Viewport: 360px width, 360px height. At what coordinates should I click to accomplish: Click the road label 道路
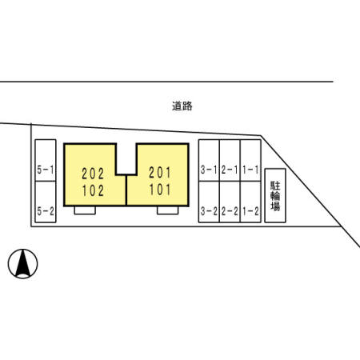[x=182, y=106]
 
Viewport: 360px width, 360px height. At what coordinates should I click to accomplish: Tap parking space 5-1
[x=46, y=160]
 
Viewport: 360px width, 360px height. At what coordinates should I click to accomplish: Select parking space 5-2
[x=46, y=202]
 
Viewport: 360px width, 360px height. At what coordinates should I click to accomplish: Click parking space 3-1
[x=209, y=160]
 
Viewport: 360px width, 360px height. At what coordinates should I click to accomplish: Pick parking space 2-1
[x=230, y=160]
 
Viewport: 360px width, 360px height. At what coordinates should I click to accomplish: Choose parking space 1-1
[x=250, y=160]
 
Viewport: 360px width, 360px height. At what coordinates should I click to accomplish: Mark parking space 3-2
[x=209, y=202]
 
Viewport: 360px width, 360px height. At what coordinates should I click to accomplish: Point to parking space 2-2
[x=230, y=202]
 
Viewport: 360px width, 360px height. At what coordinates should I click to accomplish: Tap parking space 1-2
[x=250, y=202]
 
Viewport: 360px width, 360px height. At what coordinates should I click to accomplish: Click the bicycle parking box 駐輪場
[x=275, y=195]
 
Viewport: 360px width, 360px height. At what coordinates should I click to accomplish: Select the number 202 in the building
[x=93, y=174]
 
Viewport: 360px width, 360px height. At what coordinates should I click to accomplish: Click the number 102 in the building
[x=93, y=191]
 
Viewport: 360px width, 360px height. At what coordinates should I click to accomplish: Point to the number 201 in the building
[x=160, y=173]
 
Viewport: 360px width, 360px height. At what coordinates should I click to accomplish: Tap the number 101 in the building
[x=160, y=190]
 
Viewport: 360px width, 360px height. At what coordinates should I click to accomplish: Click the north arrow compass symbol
[x=22, y=264]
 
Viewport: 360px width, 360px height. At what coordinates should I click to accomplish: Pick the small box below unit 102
[x=85, y=210]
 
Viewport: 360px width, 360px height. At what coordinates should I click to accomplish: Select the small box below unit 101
[x=168, y=210]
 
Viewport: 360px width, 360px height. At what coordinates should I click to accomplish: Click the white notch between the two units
[x=126, y=159]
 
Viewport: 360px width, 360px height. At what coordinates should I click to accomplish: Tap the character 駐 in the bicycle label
[x=275, y=186]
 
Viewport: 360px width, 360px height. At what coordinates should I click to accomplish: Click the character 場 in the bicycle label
[x=275, y=206]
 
